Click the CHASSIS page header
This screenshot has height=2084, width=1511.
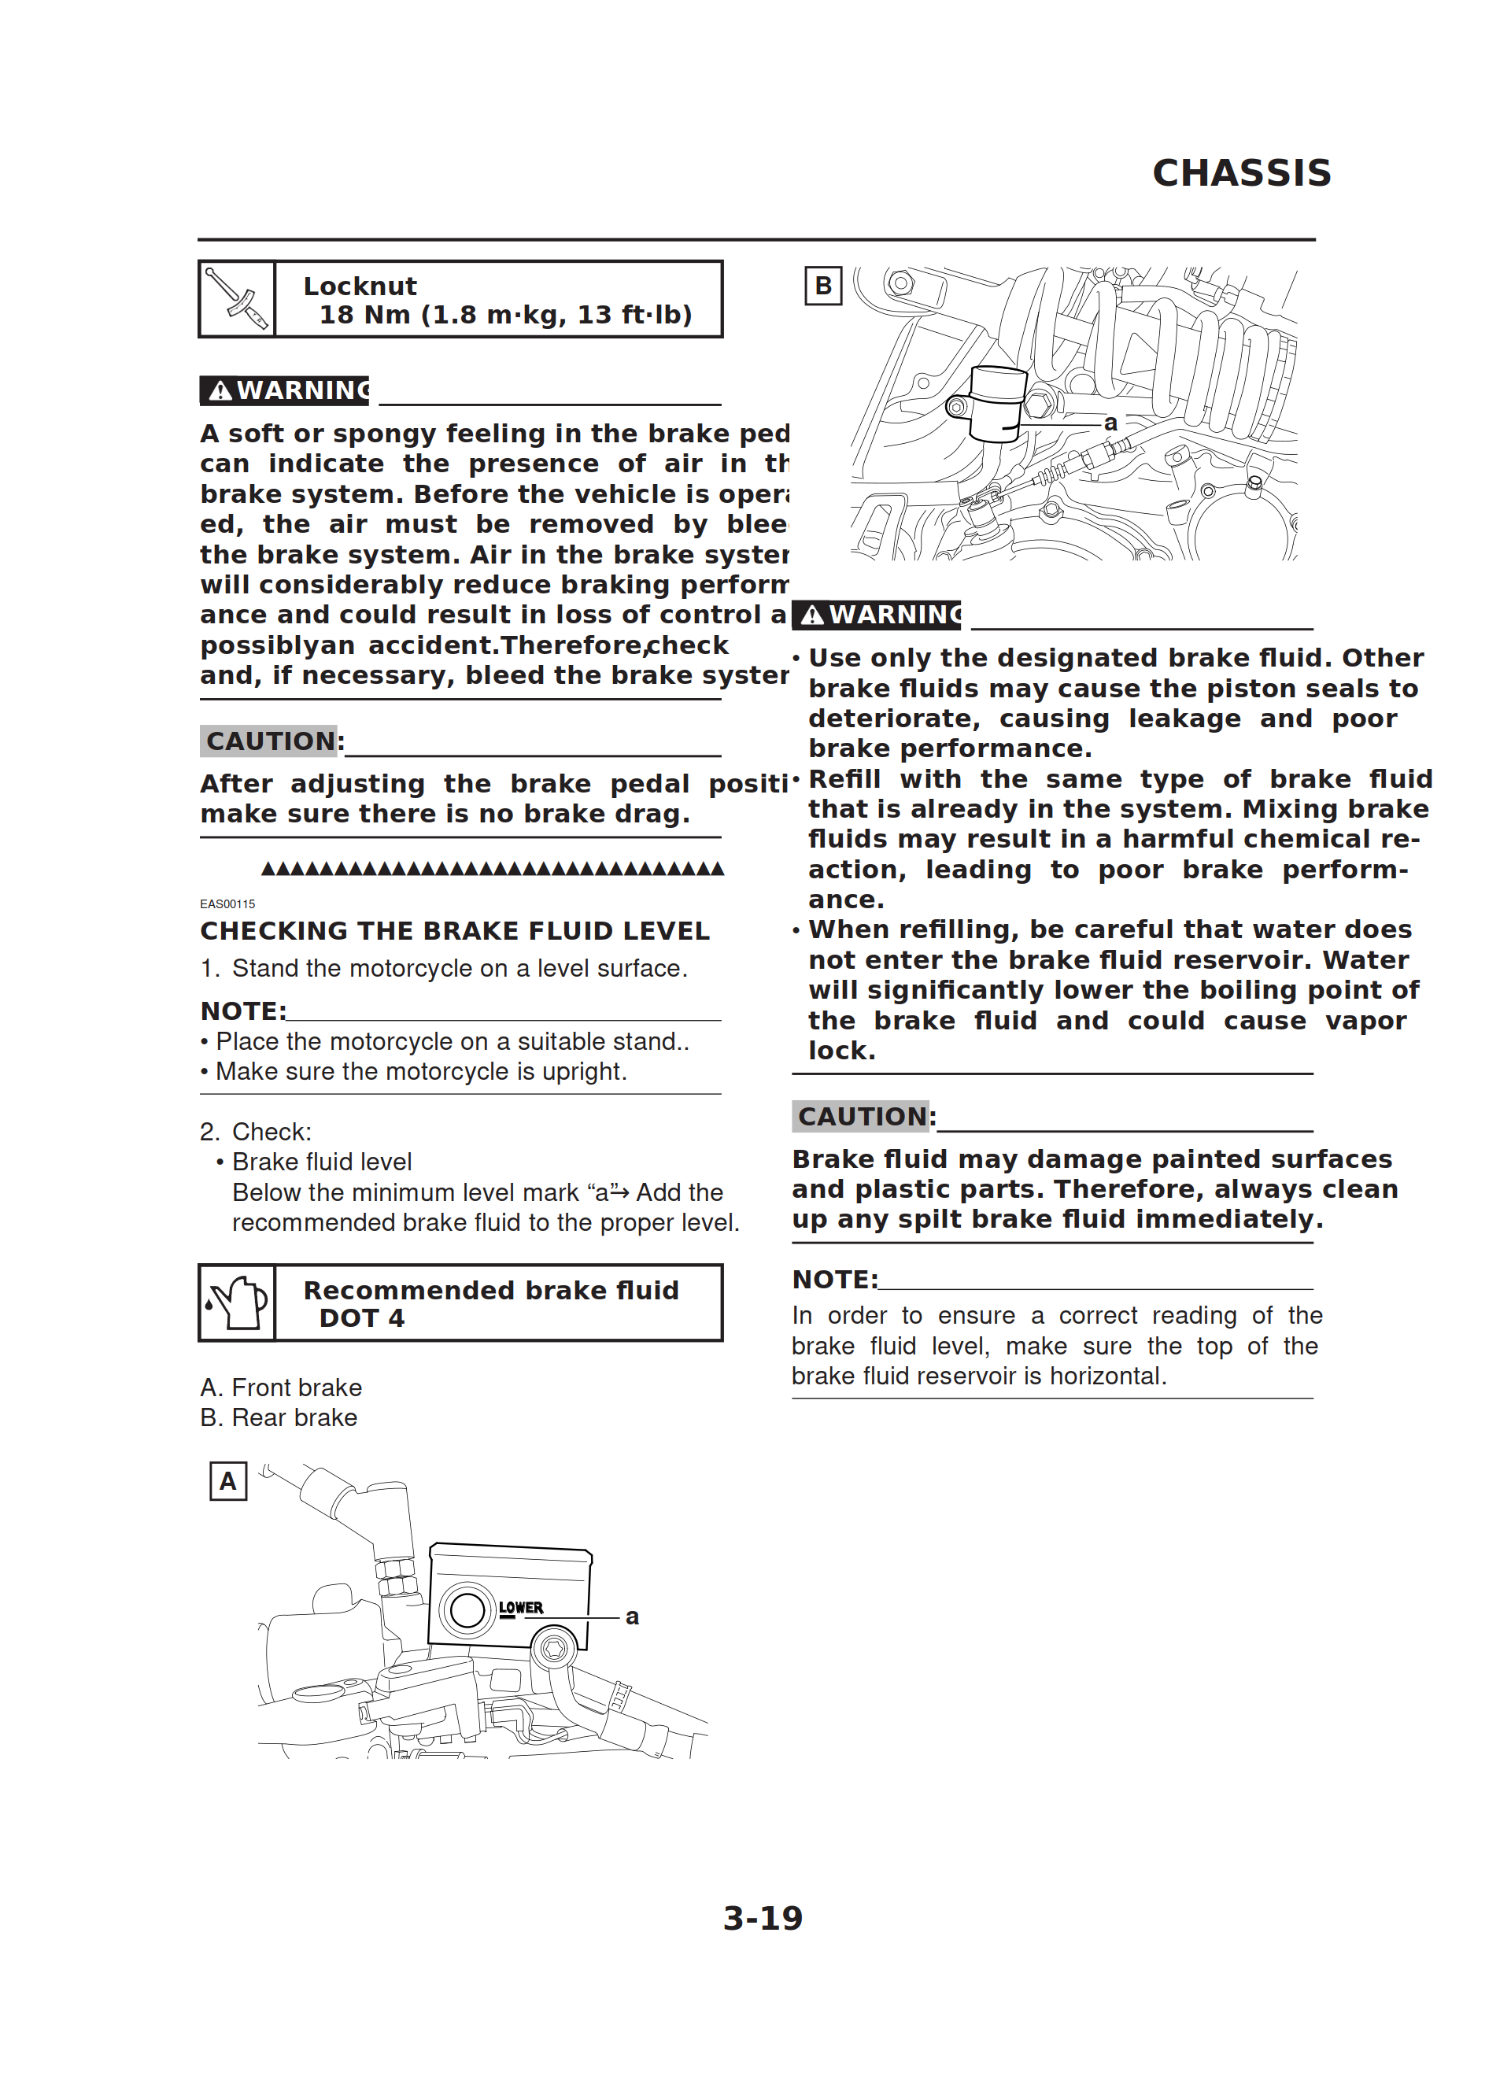click(x=1241, y=172)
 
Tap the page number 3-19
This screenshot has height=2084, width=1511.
click(x=762, y=1917)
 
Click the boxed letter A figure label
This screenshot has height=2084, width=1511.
click(x=228, y=1481)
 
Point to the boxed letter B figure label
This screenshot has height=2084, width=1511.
click(x=822, y=286)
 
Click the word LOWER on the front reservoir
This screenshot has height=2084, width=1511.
click(x=520, y=1607)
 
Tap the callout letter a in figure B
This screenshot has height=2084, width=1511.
click(x=1110, y=423)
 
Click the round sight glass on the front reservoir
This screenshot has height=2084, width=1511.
click(x=467, y=1609)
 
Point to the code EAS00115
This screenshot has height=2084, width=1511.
click(x=227, y=903)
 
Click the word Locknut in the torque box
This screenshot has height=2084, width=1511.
click(x=360, y=286)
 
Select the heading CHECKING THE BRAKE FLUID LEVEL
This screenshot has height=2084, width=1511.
click(x=455, y=931)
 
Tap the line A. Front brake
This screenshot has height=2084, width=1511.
click(x=281, y=1387)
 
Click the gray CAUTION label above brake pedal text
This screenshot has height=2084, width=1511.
click(x=269, y=741)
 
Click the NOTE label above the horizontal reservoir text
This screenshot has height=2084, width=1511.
click(x=833, y=1279)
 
